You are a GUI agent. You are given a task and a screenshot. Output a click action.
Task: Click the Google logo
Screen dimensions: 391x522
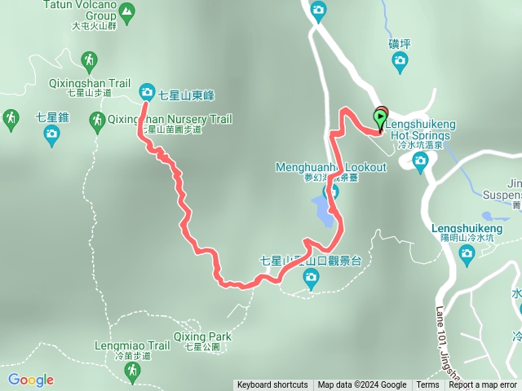point(31,380)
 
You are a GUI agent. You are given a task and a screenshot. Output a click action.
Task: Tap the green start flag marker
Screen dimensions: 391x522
point(381,121)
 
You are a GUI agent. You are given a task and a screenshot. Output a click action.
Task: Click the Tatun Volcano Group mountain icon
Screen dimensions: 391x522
point(126,11)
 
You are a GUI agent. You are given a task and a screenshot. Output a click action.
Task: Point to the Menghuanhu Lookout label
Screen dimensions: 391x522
point(330,167)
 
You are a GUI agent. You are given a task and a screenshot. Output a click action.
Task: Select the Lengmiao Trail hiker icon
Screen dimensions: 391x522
point(131,371)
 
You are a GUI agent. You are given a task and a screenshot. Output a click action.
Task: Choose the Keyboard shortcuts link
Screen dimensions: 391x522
point(272,385)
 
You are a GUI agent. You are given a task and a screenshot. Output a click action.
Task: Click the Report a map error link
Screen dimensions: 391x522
point(482,385)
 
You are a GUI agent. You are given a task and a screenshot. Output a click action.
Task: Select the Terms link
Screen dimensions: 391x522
point(427,385)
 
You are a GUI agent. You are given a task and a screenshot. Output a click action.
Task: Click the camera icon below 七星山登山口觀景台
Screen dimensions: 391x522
point(311,279)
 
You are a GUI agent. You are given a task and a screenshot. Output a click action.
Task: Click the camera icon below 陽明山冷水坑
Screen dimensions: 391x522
point(467,255)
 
